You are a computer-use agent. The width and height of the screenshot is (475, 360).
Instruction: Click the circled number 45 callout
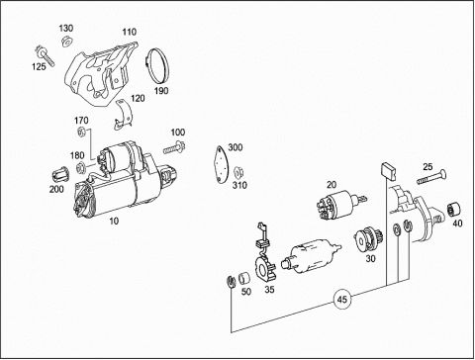pos(342,300)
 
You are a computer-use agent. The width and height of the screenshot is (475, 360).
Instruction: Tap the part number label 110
pos(130,32)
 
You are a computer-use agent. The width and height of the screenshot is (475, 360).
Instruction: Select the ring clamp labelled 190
pos(157,65)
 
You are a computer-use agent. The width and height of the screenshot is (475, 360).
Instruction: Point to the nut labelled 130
pos(67,42)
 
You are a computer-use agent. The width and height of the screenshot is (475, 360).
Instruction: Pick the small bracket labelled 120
pos(124,115)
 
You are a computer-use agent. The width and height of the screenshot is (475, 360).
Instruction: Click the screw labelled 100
pos(174,147)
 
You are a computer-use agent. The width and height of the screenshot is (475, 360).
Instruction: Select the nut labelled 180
pos(81,168)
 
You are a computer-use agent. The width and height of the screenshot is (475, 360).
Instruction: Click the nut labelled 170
pos(82,133)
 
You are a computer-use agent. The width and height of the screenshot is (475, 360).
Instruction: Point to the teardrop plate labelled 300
pos(221,163)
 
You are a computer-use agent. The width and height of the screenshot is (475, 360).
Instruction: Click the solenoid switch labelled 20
pos(339,204)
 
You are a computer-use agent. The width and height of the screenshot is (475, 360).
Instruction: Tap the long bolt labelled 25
pos(431,178)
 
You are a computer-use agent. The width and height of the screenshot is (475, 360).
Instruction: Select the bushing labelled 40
pos(454,209)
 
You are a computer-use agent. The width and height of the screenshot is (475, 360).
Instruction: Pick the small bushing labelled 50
pos(244,278)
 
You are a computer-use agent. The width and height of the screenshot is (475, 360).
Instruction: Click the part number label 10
pos(114,221)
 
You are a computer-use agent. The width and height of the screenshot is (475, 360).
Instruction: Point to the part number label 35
pos(269,290)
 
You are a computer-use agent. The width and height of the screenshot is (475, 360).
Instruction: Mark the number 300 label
pos(236,147)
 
